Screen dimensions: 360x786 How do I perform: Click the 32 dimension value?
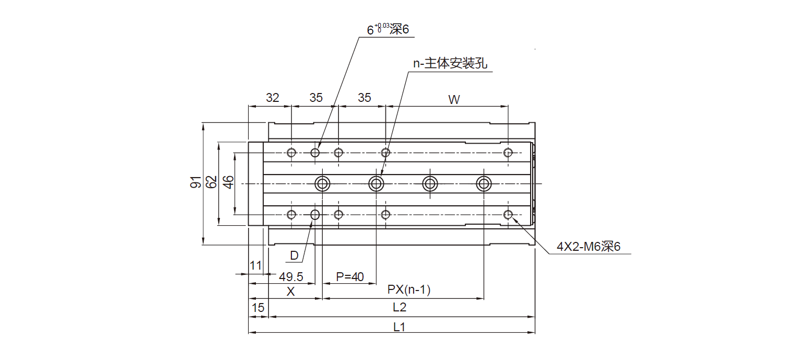273,98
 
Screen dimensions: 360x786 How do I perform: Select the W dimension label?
454,100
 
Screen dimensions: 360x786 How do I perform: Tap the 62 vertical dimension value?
211,182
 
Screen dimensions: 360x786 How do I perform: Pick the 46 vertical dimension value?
228,182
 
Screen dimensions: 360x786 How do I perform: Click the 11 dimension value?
255,265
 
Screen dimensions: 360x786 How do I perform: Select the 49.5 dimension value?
291,276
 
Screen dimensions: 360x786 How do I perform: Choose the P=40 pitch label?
349,276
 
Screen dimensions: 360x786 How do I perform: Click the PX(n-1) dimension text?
408,291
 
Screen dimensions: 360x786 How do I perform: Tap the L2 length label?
400,308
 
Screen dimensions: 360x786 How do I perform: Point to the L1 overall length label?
400,327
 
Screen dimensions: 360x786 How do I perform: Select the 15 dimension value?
258,308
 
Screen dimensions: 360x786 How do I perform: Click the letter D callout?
294,256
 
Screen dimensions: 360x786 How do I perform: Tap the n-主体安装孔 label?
450,64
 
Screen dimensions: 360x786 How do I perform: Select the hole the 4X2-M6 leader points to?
508,214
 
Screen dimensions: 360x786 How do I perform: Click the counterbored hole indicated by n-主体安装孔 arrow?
376,183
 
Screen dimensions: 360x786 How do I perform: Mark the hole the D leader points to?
315,214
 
